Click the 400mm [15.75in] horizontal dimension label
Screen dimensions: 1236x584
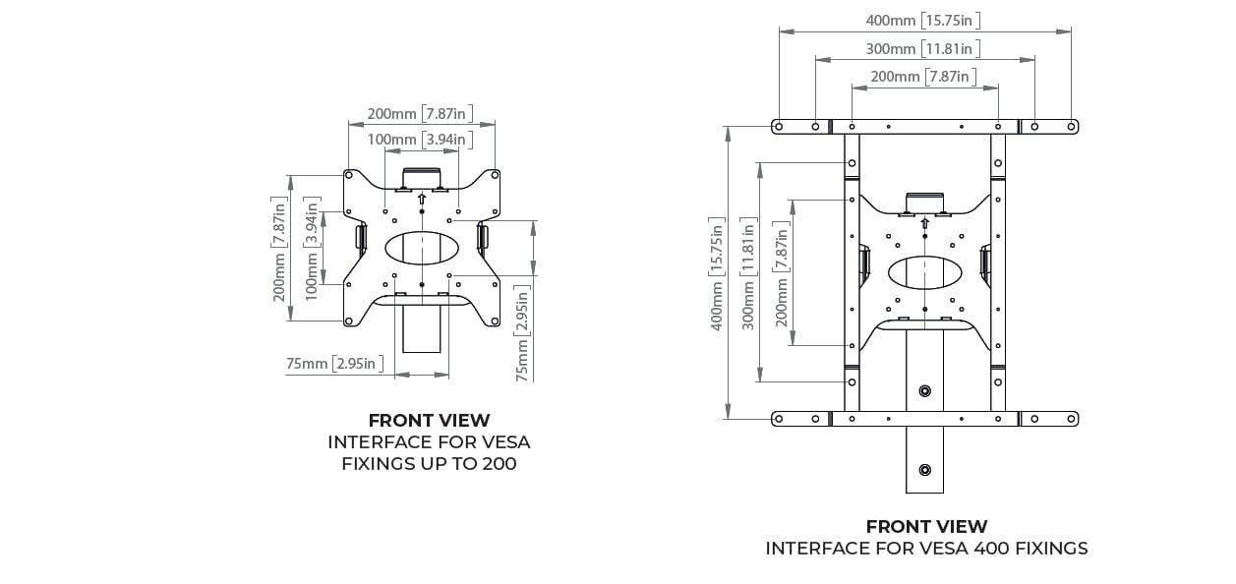coord(923,21)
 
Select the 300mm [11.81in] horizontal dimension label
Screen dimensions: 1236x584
coord(923,49)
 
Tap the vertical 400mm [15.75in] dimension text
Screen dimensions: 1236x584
coord(717,274)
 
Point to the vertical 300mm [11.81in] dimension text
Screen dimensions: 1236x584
coord(748,274)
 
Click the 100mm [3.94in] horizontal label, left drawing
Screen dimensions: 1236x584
coord(420,140)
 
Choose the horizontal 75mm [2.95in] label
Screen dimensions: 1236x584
coord(334,364)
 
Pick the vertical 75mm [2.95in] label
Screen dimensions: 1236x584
coord(522,333)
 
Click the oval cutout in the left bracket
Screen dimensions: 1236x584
coord(422,248)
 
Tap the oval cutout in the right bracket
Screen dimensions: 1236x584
coord(925,272)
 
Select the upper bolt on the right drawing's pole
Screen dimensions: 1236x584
coord(925,391)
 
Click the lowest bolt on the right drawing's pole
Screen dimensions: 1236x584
coord(925,470)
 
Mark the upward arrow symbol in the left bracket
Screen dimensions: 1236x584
coord(422,199)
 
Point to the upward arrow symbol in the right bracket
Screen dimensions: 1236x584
coord(925,223)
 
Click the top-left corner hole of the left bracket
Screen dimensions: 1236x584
coord(349,175)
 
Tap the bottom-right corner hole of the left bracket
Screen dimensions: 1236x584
coord(495,321)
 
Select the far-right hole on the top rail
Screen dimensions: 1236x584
coord(1071,127)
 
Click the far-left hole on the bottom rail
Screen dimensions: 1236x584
coord(779,419)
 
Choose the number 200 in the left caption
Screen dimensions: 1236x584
coord(500,464)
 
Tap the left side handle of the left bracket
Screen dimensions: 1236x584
coord(361,237)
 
